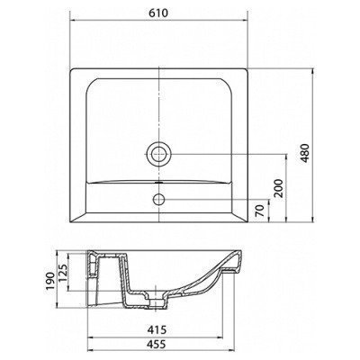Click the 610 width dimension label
click(158, 13)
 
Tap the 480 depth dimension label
click(305, 153)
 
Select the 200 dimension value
click(278, 188)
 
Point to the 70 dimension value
click(260, 211)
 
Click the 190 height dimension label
click(50, 282)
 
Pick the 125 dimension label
click(62, 273)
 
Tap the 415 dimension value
click(156, 330)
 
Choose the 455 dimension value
click(156, 344)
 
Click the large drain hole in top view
click(159, 155)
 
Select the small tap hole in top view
click(158, 199)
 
